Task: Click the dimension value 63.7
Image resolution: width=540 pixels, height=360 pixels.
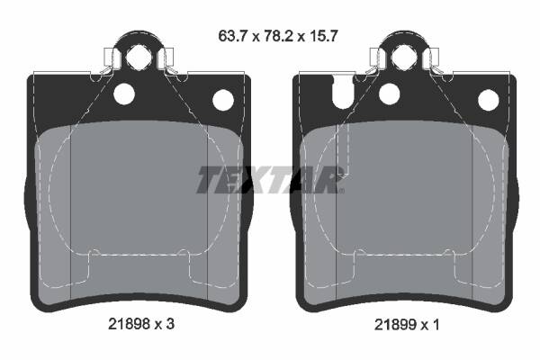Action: [231, 37]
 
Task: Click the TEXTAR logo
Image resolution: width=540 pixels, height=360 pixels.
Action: [270, 179]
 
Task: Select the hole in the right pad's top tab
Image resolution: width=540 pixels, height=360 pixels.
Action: [402, 58]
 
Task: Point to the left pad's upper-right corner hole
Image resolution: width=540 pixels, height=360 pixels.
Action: [220, 99]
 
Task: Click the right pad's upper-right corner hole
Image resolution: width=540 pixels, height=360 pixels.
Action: [488, 99]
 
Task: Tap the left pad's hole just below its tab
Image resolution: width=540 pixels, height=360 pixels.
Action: [122, 93]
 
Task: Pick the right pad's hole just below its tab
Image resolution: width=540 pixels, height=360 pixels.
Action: [389, 93]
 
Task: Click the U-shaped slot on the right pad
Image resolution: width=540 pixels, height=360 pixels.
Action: [342, 91]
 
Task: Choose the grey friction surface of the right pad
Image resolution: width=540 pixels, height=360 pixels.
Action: [405, 225]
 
